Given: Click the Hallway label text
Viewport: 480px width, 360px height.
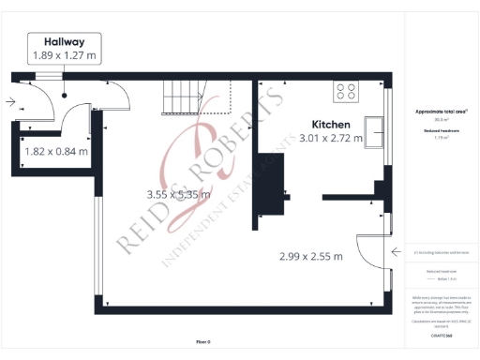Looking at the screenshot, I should coord(65,41).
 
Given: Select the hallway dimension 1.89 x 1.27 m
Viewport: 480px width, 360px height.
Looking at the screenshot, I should coord(65,56).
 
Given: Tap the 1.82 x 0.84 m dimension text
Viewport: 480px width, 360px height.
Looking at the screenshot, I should coord(55,150).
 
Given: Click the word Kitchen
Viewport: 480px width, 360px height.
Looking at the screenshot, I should coord(331,124).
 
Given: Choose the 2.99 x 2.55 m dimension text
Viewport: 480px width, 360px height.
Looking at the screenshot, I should coord(311,256).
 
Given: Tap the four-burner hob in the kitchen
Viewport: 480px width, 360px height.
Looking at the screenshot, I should coord(345,91).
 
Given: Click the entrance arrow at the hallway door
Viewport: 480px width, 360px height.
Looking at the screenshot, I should coord(9,101).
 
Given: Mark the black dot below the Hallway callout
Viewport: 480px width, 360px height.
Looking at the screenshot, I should coord(65,95).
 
